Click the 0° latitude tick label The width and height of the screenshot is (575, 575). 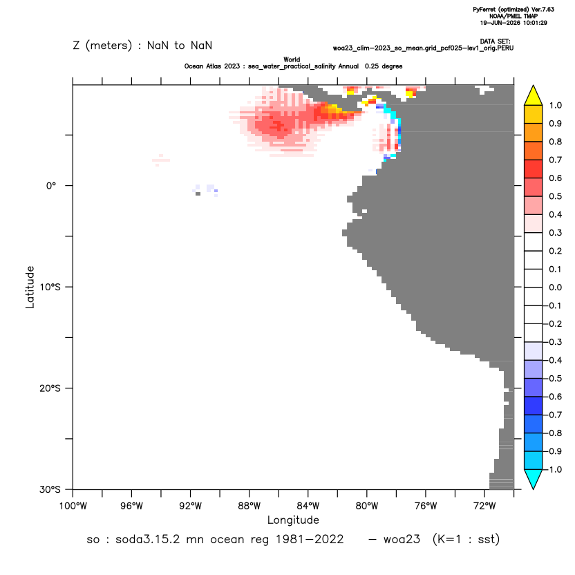tap(51, 186)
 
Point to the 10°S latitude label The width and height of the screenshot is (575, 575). tap(50, 287)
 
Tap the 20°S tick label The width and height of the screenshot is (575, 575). tap(50, 388)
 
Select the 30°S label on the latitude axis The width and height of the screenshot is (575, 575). tap(50, 489)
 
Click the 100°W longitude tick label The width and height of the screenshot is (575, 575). tap(73, 507)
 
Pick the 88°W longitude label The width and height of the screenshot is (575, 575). tap(249, 507)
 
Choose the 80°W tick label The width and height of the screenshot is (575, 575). tap(367, 507)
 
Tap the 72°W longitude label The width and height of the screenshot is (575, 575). tap(484, 507)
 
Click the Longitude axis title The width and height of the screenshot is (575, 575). tap(293, 520)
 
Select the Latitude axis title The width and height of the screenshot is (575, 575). tap(30, 287)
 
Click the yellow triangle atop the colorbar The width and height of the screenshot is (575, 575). tap(534, 95)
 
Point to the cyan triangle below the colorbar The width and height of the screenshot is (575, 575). tap(534, 480)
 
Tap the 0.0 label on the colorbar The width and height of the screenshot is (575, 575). tap(555, 287)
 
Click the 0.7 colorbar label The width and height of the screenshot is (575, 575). tap(555, 160)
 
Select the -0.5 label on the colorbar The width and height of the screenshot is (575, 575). tap(554, 379)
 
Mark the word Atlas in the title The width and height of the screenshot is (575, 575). tap(231, 66)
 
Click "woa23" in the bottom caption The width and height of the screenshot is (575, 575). tap(402, 540)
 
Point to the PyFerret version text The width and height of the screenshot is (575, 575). tap(513, 10)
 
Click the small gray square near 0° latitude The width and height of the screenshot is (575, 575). tap(198, 194)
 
